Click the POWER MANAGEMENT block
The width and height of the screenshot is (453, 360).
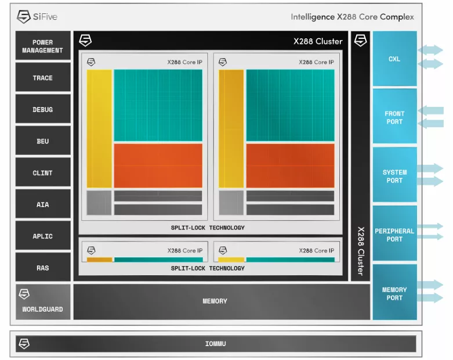pyautogui.click(x=43, y=46)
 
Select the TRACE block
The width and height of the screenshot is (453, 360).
pyautogui.click(x=43, y=77)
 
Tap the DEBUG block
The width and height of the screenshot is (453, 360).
pyautogui.click(x=43, y=109)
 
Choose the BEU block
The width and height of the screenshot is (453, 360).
pyautogui.click(x=43, y=141)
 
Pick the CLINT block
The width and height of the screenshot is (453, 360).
pyautogui.click(x=43, y=172)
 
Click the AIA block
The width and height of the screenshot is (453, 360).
pyautogui.click(x=43, y=204)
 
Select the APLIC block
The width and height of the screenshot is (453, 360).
pyautogui.click(x=43, y=236)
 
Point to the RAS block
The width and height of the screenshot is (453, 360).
pyautogui.click(x=43, y=268)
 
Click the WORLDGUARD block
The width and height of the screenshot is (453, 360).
pyautogui.click(x=43, y=302)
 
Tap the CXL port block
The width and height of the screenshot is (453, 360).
pyautogui.click(x=394, y=59)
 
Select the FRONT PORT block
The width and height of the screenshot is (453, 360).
pyautogui.click(x=394, y=116)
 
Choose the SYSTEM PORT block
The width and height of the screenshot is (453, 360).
pyautogui.click(x=394, y=175)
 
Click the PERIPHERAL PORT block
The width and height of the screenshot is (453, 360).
pyautogui.click(x=394, y=233)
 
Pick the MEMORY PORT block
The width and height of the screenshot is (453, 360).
pyautogui.click(x=394, y=292)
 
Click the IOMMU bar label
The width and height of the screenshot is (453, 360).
pyautogui.click(x=216, y=344)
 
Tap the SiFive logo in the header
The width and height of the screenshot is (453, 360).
pyautogui.click(x=37, y=16)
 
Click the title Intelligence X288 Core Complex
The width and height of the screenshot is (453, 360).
pyautogui.click(x=352, y=17)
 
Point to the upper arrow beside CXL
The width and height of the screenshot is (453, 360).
pyautogui.click(x=430, y=50)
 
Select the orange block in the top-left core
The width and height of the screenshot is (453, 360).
pyautogui.click(x=158, y=165)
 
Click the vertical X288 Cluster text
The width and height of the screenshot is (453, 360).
pyautogui.click(x=361, y=251)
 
